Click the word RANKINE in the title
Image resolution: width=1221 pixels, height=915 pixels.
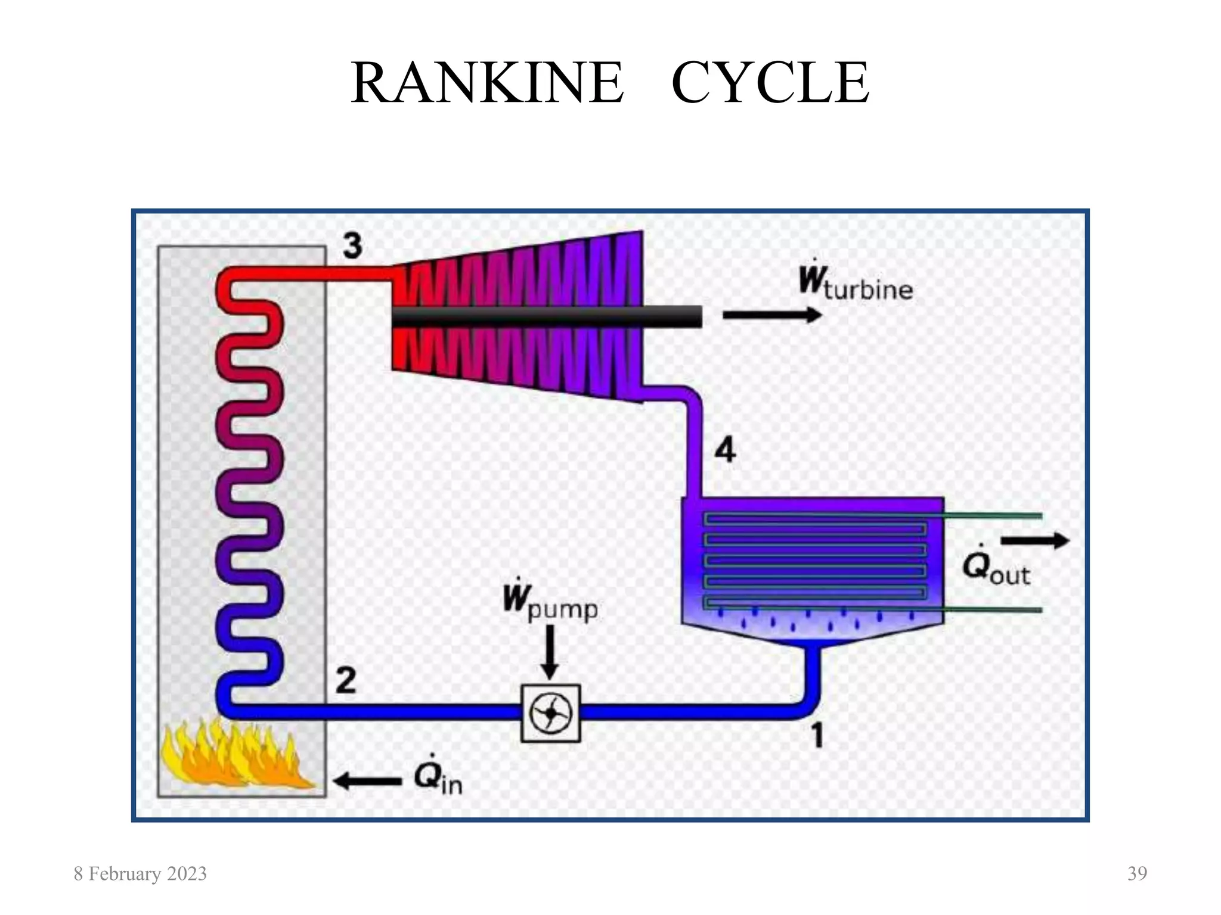tap(487, 83)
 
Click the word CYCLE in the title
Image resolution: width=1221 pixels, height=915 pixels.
tap(770, 83)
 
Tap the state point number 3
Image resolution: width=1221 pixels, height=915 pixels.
tap(352, 245)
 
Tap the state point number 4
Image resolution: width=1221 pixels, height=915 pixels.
tap(725, 450)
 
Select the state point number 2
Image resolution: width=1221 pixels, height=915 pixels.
tap(346, 680)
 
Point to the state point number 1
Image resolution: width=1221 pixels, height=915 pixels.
tap(817, 735)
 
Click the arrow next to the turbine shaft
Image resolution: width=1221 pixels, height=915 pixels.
tap(772, 315)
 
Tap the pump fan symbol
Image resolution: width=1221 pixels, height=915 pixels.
tap(550, 713)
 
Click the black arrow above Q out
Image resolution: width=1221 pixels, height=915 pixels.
tap(1035, 540)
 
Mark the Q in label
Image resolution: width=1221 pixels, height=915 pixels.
tap(438, 779)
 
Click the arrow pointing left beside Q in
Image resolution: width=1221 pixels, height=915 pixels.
tap(367, 780)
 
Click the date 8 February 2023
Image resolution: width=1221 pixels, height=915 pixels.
tap(140, 874)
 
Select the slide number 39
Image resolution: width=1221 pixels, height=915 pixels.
tap(1137, 874)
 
